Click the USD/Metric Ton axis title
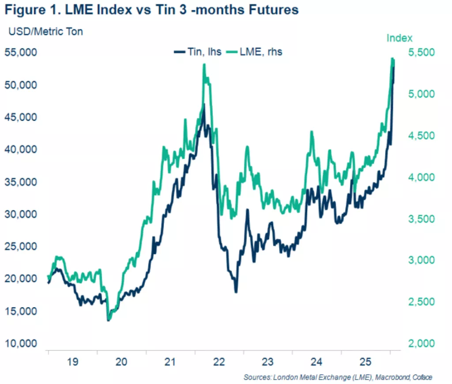click(x=44, y=31)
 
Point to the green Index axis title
click(x=399, y=38)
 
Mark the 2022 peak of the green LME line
click(x=204, y=64)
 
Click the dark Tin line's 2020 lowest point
click(x=109, y=320)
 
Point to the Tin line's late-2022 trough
click(x=236, y=292)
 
